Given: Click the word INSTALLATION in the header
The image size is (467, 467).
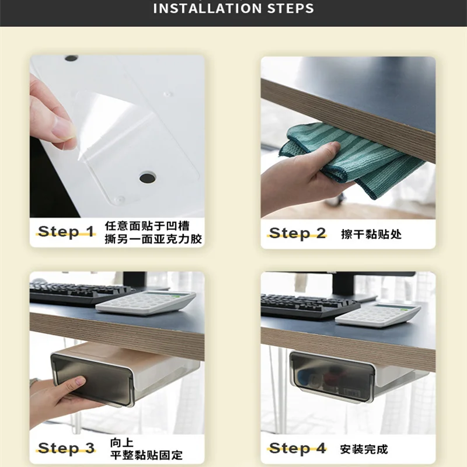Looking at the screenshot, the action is [x=208, y=8].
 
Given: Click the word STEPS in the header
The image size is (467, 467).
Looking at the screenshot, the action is [x=290, y=8].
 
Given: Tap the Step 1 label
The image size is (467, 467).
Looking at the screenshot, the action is [x=66, y=232].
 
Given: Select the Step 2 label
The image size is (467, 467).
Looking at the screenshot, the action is [x=297, y=233].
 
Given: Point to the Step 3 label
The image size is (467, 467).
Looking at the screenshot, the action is [x=66, y=448].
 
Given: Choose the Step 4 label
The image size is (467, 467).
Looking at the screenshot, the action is [x=297, y=448].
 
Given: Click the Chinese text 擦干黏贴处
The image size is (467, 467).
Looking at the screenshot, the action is [x=371, y=234].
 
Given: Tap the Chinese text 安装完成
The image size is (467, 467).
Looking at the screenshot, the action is [x=364, y=449].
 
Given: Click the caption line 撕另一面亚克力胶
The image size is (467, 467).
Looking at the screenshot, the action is [x=153, y=239].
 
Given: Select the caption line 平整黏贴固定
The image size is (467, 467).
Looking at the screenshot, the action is [x=147, y=455].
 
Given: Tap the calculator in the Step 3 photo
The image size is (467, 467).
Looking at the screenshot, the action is [x=145, y=302].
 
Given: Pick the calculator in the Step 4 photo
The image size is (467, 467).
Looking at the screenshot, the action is [x=378, y=315].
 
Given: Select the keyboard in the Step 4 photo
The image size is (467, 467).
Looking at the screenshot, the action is [x=310, y=306].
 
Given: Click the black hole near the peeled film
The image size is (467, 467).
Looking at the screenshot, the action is [x=148, y=178].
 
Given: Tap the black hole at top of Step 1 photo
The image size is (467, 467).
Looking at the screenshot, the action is [x=71, y=58].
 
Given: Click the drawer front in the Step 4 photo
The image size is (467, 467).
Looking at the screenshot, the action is [x=332, y=377].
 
